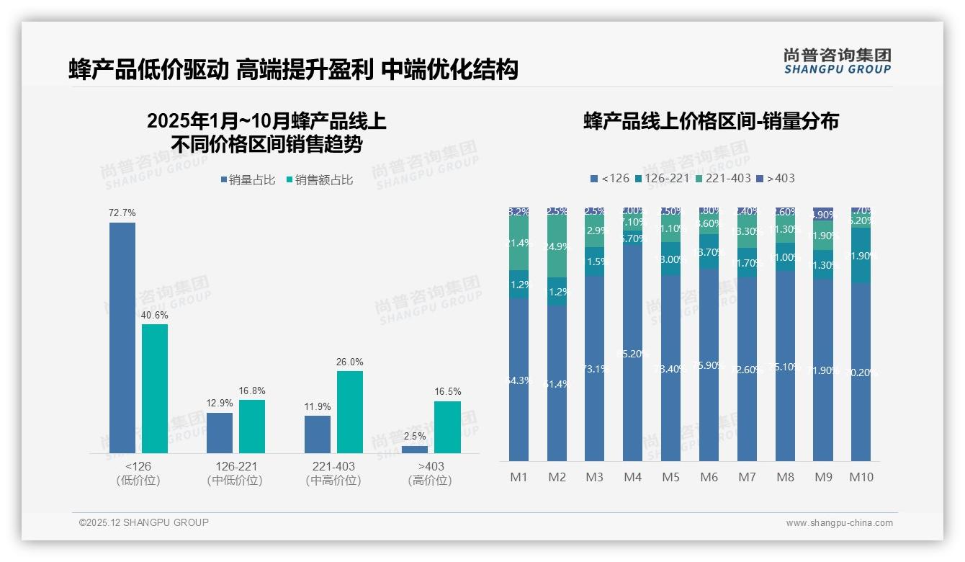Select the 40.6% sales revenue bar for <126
155,388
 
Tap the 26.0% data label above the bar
349,362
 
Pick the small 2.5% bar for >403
414,450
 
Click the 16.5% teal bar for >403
446,427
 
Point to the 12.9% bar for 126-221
220,432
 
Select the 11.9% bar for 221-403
318,434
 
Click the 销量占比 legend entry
248,180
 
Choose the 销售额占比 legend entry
320,180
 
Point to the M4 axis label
632,477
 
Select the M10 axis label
861,477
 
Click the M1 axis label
519,477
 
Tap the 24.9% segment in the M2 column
557,246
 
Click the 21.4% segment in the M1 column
519,244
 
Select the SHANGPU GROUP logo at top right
837,61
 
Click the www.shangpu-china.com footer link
839,523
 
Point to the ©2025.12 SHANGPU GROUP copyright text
144,522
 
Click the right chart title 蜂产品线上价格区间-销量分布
711,121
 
